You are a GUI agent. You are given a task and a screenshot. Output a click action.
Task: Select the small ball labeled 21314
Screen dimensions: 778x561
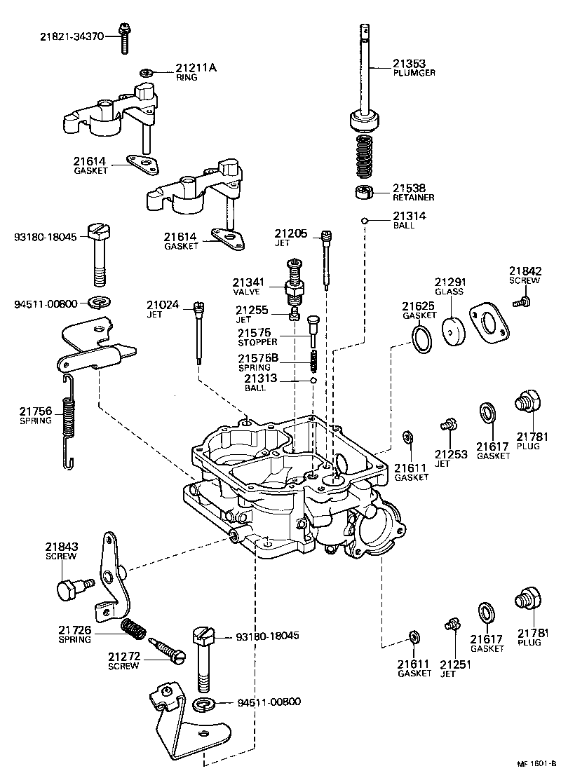pyautogui.click(x=365, y=221)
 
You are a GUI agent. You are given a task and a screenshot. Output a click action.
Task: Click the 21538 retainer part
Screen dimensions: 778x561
pyautogui.click(x=363, y=192)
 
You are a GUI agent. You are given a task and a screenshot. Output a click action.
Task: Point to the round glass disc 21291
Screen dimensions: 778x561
pyautogui.click(x=456, y=328)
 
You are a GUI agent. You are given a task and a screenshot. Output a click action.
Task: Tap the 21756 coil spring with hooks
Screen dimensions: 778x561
pyautogui.click(x=68, y=421)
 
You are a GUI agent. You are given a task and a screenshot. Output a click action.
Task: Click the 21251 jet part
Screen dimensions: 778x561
pyautogui.click(x=452, y=623)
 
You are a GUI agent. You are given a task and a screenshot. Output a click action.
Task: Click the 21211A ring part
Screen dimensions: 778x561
pyautogui.click(x=147, y=73)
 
